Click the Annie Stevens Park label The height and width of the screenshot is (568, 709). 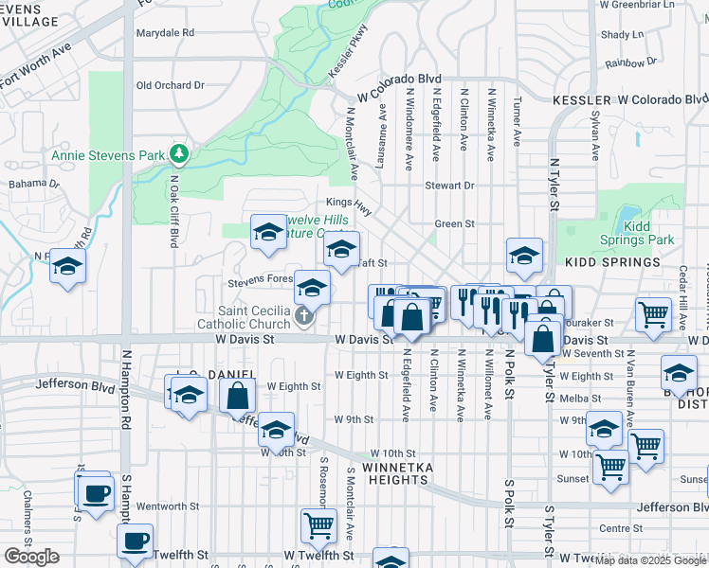[107, 155]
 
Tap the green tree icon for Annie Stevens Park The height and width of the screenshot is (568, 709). [178, 153]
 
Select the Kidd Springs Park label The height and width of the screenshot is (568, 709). [649, 233]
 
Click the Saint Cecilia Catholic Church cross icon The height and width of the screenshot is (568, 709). [303, 316]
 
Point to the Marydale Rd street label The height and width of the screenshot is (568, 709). [165, 32]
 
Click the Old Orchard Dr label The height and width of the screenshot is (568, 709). [171, 85]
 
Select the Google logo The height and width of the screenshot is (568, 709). [31, 557]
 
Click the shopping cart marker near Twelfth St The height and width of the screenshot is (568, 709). [319, 524]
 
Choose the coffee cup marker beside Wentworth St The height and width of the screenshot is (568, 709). [95, 493]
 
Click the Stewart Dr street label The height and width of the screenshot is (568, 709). [449, 186]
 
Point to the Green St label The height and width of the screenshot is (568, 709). [455, 224]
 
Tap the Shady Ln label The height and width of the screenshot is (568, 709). [622, 34]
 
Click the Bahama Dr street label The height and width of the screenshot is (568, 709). [33, 184]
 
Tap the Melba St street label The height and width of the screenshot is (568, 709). [574, 399]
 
